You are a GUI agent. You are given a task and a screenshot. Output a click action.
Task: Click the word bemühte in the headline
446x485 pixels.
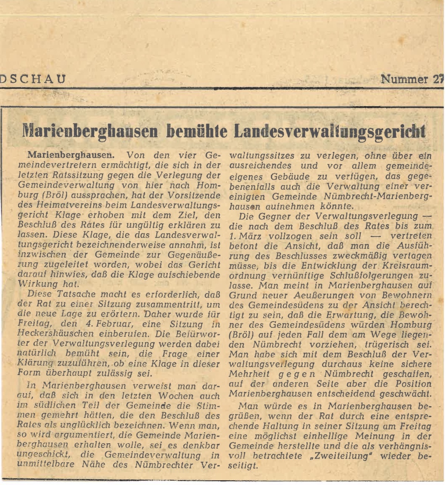197,131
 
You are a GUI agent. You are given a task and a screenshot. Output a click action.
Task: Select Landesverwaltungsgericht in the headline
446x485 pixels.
329,131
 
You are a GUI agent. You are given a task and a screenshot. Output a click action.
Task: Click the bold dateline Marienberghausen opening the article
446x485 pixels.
70,155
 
